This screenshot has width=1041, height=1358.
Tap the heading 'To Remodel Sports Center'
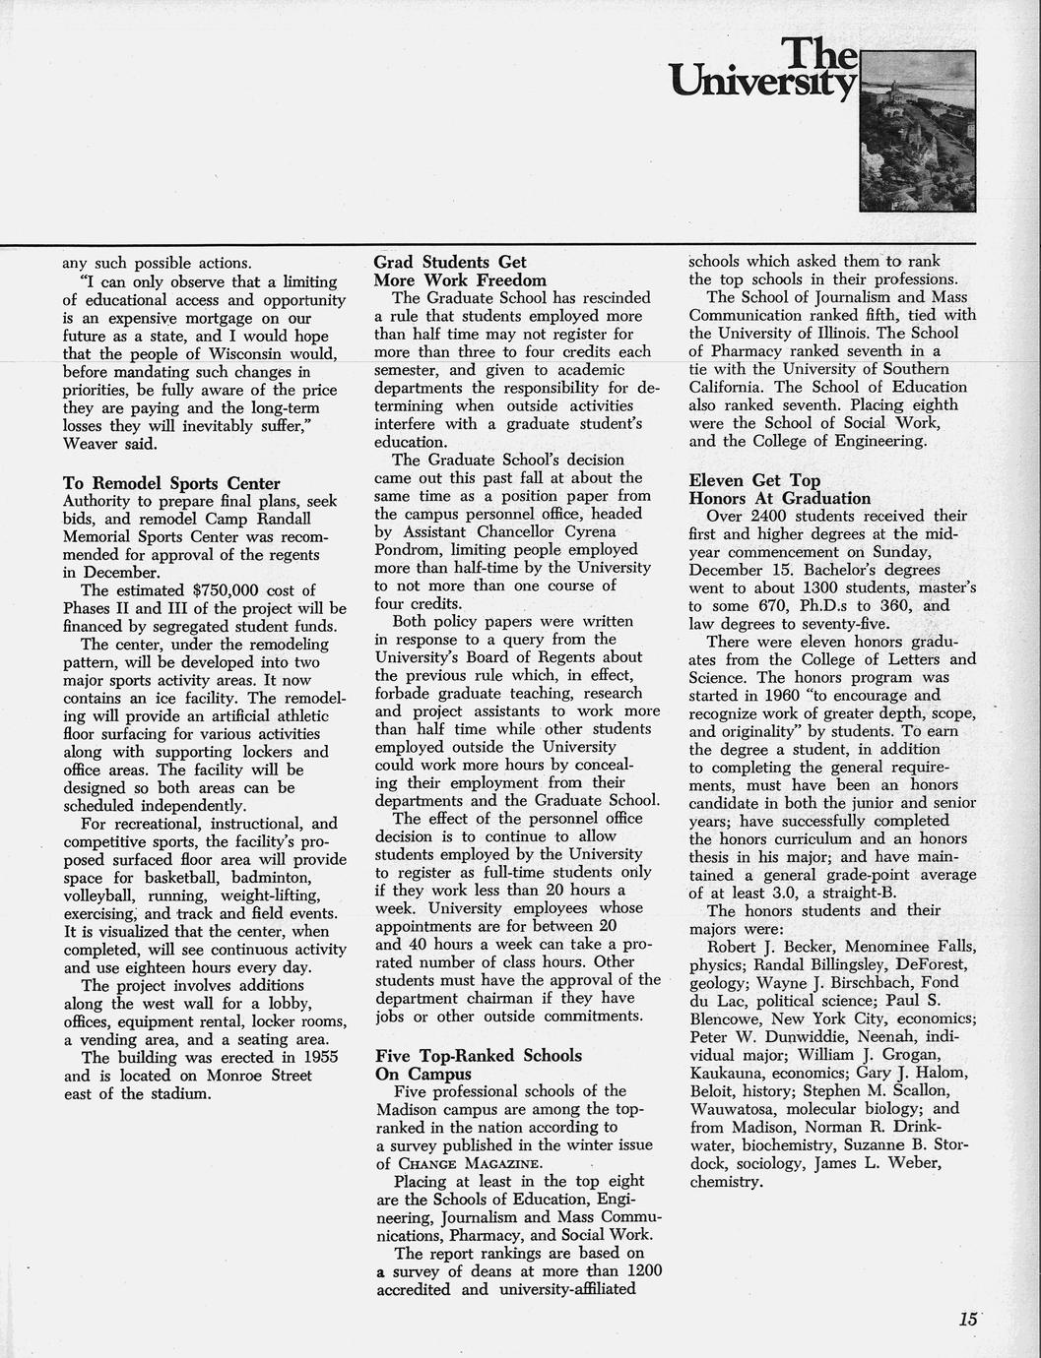point(171,483)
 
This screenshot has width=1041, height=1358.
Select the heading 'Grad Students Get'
point(450,262)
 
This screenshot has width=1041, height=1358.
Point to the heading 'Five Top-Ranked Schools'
point(479,1056)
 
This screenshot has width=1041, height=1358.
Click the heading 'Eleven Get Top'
point(754,480)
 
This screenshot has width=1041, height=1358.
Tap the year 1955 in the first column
point(292,1058)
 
